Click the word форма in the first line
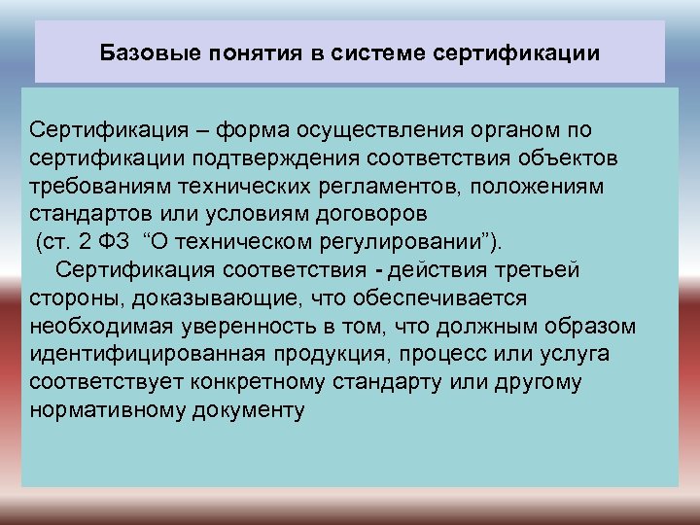point(245,129)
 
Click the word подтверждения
point(272,157)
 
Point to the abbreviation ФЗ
point(114,240)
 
